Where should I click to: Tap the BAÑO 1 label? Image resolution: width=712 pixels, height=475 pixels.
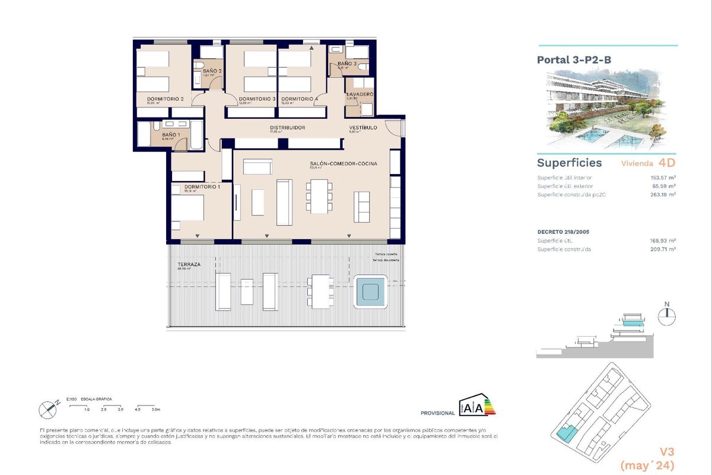pyautogui.click(x=169, y=135)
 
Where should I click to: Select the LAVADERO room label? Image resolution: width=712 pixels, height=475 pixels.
pyautogui.click(x=360, y=94)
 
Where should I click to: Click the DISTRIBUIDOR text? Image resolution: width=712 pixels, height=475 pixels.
pyautogui.click(x=287, y=128)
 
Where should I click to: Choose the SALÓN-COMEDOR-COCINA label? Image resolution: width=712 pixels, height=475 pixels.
pyautogui.click(x=344, y=164)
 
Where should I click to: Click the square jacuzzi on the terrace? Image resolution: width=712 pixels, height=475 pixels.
pyautogui.click(x=371, y=292)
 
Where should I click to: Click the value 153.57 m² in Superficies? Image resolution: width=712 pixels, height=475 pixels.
pyautogui.click(x=663, y=178)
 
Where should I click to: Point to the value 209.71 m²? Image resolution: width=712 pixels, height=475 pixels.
pyautogui.click(x=663, y=249)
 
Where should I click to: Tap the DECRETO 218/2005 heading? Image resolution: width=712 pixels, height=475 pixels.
pyautogui.click(x=562, y=232)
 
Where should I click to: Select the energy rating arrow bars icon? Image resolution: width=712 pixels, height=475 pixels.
pyautogui.click(x=490, y=407)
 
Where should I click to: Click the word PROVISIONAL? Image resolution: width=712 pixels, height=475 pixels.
pyautogui.click(x=437, y=413)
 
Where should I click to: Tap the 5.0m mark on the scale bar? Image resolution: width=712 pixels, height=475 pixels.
pyautogui.click(x=156, y=410)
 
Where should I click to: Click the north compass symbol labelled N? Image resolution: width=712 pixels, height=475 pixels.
pyautogui.click(x=667, y=314)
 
